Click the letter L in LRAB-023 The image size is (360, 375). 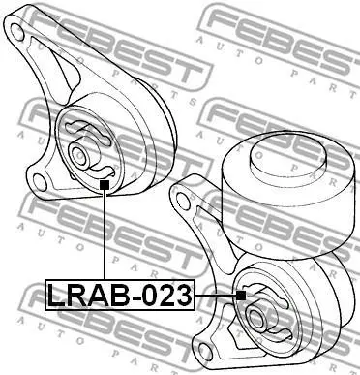[56, 296]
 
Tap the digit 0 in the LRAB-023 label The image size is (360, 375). [152, 296]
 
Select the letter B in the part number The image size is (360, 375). [121, 296]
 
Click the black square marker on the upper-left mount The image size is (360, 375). [105, 185]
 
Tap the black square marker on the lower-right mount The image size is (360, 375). [241, 296]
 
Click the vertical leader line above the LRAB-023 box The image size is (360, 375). [105, 234]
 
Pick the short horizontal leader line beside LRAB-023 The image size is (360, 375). [216, 296]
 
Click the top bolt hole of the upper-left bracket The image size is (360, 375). [17, 31]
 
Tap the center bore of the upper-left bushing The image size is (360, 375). [78, 154]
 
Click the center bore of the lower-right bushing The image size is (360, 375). [255, 317]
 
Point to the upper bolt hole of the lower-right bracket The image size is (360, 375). [183, 201]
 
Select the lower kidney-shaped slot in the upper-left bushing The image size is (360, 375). [102, 172]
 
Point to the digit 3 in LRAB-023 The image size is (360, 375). [184, 296]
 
